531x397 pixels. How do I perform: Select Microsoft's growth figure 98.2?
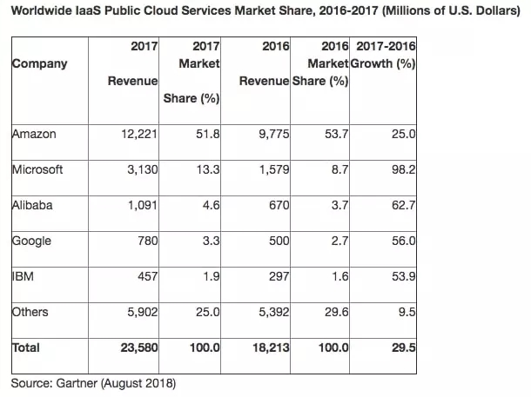tap(403, 169)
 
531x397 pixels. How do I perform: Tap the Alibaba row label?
tap(32, 205)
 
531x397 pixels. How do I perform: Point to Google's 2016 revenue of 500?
tap(279, 241)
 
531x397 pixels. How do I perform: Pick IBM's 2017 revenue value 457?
tap(147, 277)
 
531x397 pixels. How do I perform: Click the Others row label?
tap(30, 312)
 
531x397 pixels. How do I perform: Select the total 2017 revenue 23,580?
tap(139, 347)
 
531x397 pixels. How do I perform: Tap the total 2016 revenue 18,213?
tap(271, 347)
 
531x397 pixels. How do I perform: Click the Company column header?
tap(40, 64)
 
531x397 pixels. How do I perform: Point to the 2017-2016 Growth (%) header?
tap(383, 55)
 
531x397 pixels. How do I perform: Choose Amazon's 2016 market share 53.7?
tap(336, 134)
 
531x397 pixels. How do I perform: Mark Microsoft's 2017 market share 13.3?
tap(208, 169)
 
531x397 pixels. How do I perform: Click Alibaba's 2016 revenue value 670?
tap(279, 205)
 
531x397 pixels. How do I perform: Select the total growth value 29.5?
tap(403, 347)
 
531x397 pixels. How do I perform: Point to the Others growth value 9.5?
tap(407, 312)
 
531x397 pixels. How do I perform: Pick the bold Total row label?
tap(26, 347)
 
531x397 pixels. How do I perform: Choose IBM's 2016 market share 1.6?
tap(340, 277)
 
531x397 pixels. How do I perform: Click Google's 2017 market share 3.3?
tap(212, 241)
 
